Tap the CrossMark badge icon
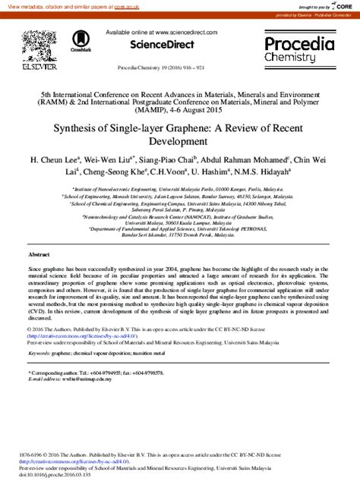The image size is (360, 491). point(81,41)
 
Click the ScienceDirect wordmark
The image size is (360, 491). point(156,46)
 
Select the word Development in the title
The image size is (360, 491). point(179,142)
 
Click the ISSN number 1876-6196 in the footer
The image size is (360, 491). point(33,455)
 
